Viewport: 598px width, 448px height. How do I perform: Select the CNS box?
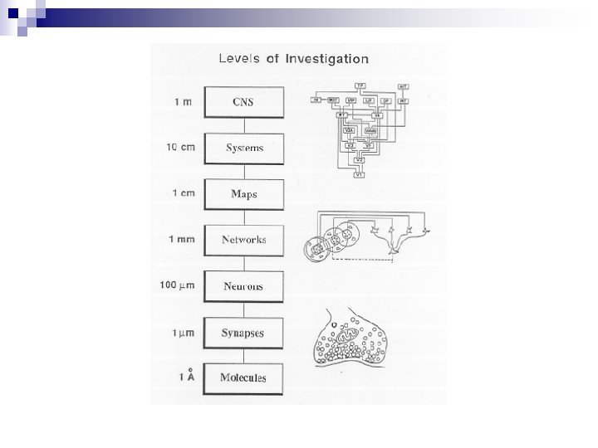click(x=244, y=102)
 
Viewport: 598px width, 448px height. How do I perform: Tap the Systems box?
click(x=244, y=149)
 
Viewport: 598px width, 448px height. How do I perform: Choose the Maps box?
click(x=244, y=194)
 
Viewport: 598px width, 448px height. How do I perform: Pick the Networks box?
click(x=244, y=240)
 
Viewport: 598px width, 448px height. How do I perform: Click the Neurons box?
click(x=244, y=286)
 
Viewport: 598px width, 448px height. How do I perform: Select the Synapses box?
click(x=244, y=332)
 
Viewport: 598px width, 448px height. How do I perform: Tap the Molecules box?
click(x=244, y=378)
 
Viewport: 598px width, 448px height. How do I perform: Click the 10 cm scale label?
click(x=181, y=148)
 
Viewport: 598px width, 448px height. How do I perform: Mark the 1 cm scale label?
click(x=184, y=194)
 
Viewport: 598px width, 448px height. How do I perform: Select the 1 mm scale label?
click(x=184, y=240)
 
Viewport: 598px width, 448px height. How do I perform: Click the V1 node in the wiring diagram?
click(x=360, y=175)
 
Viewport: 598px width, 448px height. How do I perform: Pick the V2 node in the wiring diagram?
click(x=360, y=159)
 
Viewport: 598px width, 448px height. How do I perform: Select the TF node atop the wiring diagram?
click(x=360, y=85)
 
